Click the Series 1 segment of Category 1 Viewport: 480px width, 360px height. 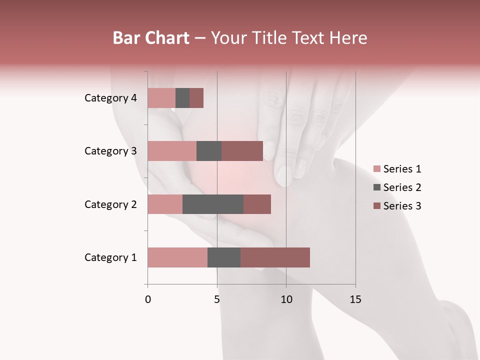tap(177, 257)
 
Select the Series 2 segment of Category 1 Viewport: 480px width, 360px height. tap(224, 257)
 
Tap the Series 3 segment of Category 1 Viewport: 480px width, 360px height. tap(275, 257)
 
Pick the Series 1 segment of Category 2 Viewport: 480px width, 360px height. tap(165, 204)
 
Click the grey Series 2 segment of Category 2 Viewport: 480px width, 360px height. tap(213, 204)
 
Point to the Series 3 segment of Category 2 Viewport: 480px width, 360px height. tap(257, 204)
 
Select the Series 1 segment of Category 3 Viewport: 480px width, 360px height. tap(172, 151)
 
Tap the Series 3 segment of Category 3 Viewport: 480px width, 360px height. tap(242, 151)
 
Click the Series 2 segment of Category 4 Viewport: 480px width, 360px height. tap(182, 98)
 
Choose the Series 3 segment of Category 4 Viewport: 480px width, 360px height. tap(196, 98)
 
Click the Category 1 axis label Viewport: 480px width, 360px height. tap(110, 257)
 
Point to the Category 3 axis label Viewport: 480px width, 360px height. tap(110, 151)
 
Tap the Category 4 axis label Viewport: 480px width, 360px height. tap(110, 98)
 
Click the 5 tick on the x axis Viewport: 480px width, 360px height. tap(217, 299)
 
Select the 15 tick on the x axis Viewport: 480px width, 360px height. tap(355, 299)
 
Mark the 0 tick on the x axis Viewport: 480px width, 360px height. tap(148, 299)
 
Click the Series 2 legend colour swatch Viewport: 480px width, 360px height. tap(376, 187)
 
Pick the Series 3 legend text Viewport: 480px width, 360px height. tap(402, 206)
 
